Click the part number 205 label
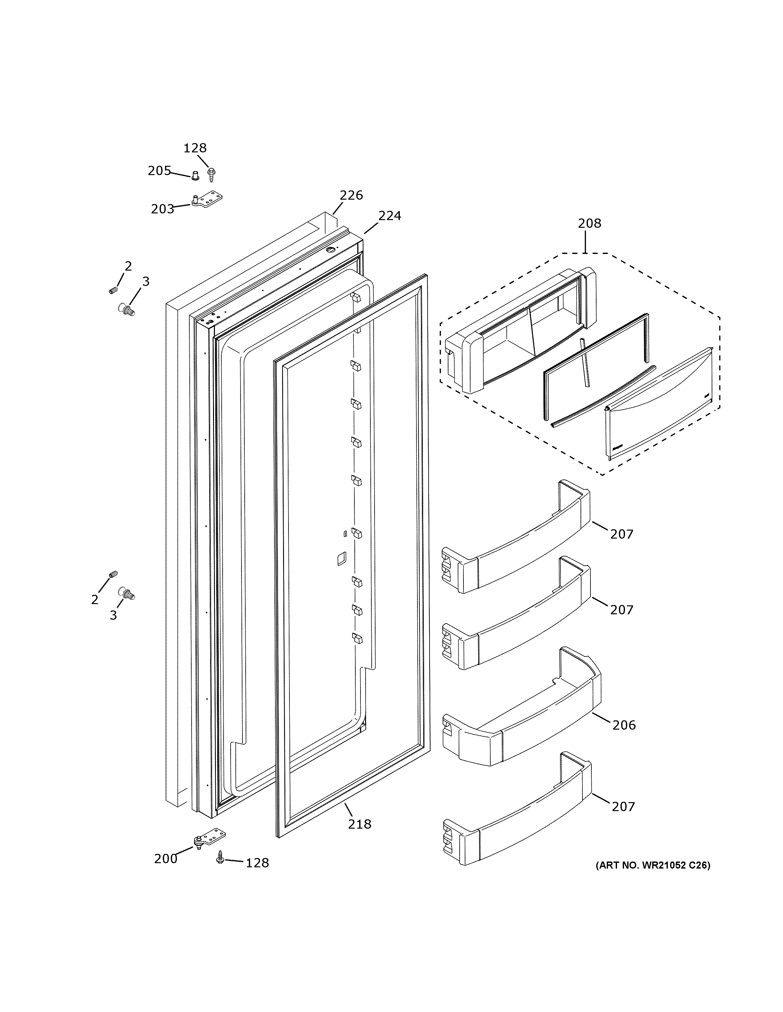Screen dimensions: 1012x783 click(x=159, y=171)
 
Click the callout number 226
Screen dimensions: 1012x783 click(x=351, y=195)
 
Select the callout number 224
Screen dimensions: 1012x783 click(x=390, y=216)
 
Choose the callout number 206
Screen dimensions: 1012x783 click(x=624, y=725)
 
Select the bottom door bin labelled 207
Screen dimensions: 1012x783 click(x=515, y=811)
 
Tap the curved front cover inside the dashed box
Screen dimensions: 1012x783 click(x=659, y=408)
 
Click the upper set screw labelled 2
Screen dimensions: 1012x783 click(x=113, y=290)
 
